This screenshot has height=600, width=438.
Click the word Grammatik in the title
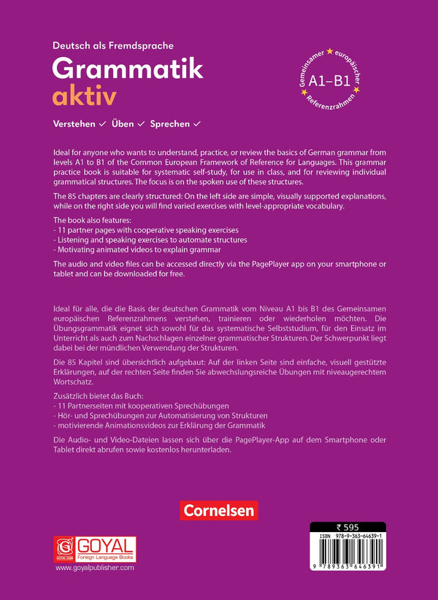[x=128, y=69]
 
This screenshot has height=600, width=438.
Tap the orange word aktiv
[x=84, y=96]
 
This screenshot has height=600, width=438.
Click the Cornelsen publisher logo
[x=218, y=509]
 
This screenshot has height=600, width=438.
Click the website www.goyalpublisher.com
[x=95, y=568]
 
